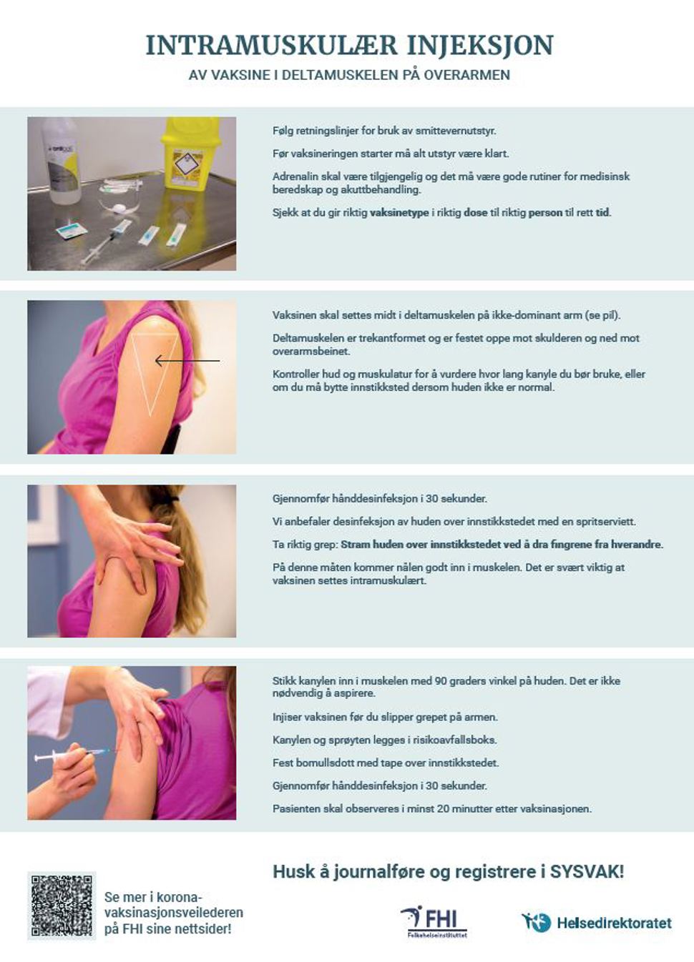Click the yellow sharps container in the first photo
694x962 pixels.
(x=190, y=153)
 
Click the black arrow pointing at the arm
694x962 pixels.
(x=187, y=361)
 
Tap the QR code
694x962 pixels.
(x=62, y=905)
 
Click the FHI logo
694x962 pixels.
(x=434, y=921)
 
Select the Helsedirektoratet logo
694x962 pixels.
(x=596, y=923)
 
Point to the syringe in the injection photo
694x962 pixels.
(x=72, y=755)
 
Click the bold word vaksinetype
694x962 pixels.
(x=399, y=212)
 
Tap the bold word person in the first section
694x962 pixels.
(x=545, y=212)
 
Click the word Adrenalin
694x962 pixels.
(x=295, y=177)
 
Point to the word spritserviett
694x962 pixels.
(x=607, y=522)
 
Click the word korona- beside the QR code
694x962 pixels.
(x=179, y=897)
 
